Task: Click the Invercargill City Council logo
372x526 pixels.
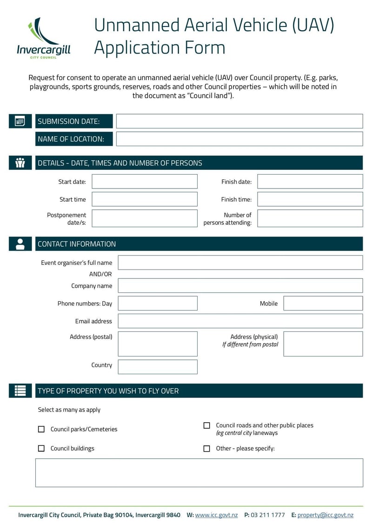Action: click(x=43, y=37)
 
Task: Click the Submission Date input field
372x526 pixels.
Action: click(x=239, y=121)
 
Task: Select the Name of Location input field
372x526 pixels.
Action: click(x=239, y=139)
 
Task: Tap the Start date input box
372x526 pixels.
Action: click(x=144, y=182)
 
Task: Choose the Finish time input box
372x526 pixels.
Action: click(x=310, y=199)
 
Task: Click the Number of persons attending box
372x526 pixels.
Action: click(x=310, y=218)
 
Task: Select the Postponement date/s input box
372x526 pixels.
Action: click(x=144, y=218)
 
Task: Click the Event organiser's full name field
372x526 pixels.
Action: click(x=240, y=263)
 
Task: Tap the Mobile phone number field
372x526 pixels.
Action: click(x=323, y=303)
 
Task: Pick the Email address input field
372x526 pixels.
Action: click(x=240, y=321)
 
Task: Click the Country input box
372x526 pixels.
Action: click(x=157, y=367)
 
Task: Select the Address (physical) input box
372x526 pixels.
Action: click(x=323, y=344)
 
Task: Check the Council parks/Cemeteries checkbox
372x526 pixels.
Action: click(x=41, y=429)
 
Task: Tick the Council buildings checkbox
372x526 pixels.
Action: click(x=41, y=448)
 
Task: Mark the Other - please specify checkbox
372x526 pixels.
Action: click(x=207, y=448)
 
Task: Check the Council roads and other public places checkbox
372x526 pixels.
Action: click(x=207, y=425)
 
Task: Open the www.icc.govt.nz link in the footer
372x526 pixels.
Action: click(x=216, y=515)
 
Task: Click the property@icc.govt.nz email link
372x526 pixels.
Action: click(x=325, y=515)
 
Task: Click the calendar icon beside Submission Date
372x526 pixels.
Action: click(x=20, y=121)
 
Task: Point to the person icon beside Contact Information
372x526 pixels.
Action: click(x=20, y=244)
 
